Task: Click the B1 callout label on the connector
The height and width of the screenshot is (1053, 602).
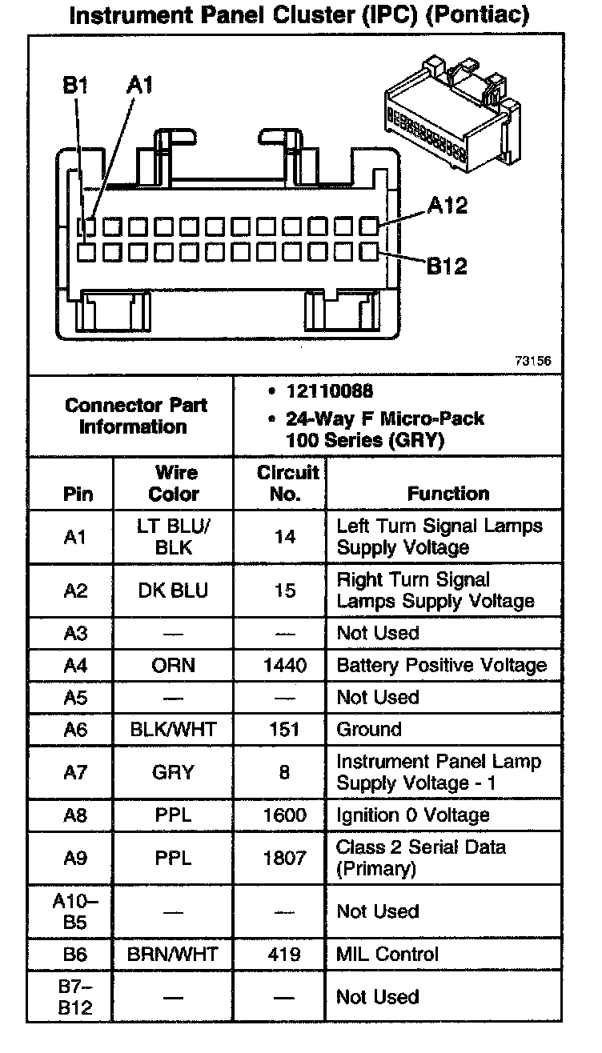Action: click(x=75, y=86)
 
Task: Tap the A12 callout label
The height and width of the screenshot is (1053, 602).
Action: click(x=447, y=206)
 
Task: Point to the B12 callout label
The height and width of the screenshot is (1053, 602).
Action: click(x=446, y=266)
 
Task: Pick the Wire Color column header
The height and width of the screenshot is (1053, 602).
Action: click(x=174, y=483)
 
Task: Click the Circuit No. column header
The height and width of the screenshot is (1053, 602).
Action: click(x=287, y=483)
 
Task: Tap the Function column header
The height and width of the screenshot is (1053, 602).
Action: click(x=447, y=494)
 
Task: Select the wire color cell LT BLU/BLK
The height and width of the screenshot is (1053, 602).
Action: click(x=174, y=537)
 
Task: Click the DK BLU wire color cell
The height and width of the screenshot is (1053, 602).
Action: click(x=174, y=591)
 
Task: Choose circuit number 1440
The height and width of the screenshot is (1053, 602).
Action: click(x=285, y=665)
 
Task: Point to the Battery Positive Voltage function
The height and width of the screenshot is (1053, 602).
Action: click(x=441, y=665)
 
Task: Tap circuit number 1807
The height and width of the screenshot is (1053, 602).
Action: click(x=285, y=858)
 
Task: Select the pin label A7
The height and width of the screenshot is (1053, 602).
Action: click(x=74, y=772)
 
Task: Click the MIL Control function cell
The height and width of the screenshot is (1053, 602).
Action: click(x=387, y=954)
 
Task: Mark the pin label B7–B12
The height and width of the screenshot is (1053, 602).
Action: click(x=74, y=997)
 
